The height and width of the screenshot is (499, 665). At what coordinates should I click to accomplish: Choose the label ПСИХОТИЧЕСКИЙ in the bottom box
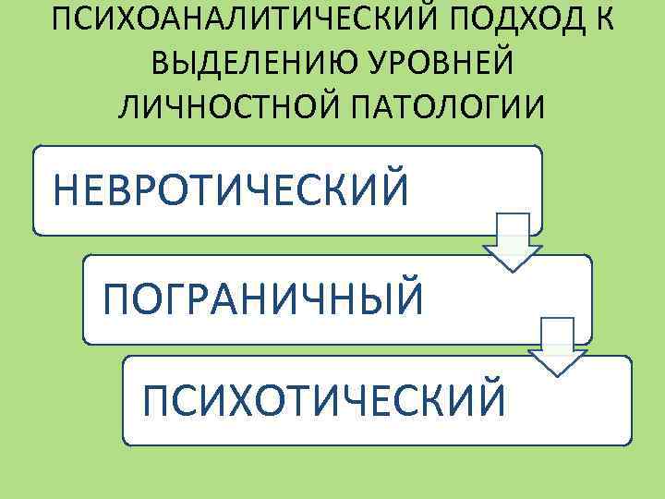(x=323, y=401)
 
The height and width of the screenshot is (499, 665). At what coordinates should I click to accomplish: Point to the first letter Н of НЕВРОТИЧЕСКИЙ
(x=67, y=190)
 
